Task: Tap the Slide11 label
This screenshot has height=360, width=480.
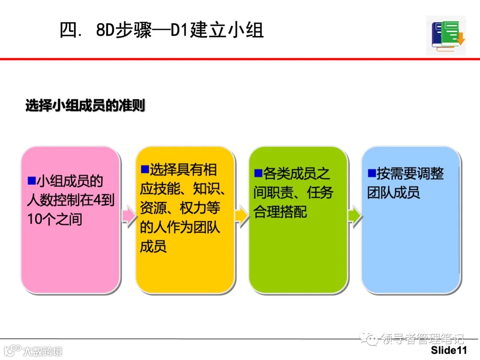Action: point(449,350)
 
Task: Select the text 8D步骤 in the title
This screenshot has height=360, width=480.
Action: point(124,30)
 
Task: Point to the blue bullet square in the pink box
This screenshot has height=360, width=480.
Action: point(31,180)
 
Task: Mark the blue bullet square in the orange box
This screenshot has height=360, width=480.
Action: point(144,169)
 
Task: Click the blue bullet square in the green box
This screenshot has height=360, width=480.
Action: point(258,173)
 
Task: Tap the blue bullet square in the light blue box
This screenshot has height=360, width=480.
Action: point(371,173)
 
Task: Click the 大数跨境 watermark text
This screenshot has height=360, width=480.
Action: point(43,351)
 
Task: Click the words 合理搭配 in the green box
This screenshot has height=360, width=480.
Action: point(280,212)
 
